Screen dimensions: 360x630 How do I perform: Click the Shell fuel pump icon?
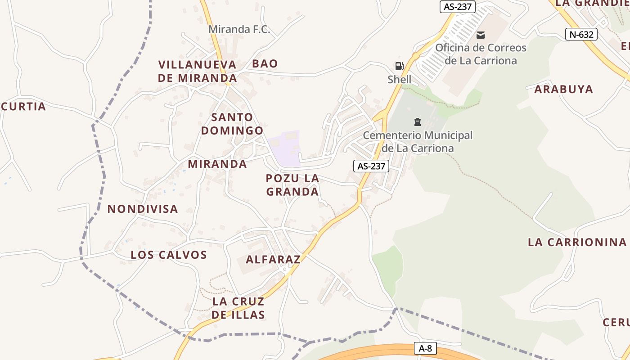click(399, 66)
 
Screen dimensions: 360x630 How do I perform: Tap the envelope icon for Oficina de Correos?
click(481, 35)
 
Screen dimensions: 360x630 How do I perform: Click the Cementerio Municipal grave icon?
click(418, 121)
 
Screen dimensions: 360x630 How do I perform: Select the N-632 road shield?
click(581, 34)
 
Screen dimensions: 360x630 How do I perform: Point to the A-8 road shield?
click(425, 348)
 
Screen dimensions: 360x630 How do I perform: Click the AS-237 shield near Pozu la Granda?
click(371, 166)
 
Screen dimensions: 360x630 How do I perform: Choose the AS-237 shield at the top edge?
click(458, 6)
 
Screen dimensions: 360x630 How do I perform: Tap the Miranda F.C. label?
click(239, 30)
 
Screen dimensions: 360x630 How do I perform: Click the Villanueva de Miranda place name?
click(198, 71)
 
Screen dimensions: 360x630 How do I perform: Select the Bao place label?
click(265, 63)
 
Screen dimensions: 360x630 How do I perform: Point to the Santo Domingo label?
click(232, 124)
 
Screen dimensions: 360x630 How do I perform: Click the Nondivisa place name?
click(143, 209)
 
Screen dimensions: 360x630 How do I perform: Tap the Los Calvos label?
click(169, 255)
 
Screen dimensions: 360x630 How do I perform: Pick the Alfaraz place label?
click(273, 259)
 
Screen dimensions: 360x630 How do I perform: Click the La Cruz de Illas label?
click(238, 308)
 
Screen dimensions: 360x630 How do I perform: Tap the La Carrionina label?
click(577, 242)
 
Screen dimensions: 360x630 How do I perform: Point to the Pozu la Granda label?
click(292, 185)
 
